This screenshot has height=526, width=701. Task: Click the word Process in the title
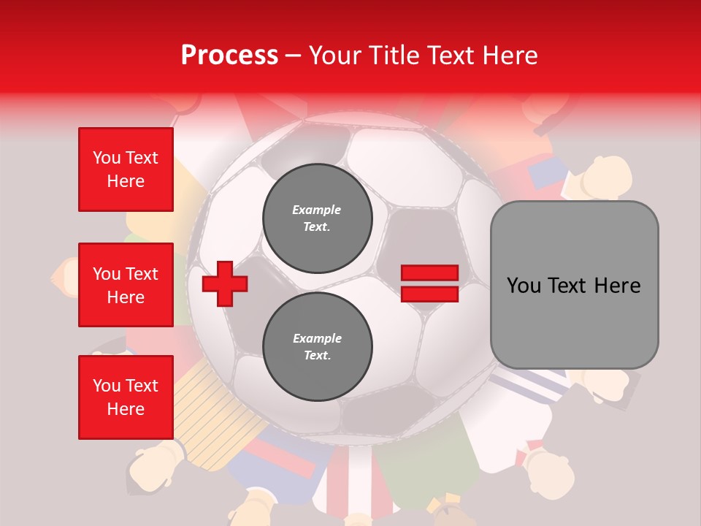tap(229, 55)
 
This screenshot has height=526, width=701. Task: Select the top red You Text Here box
tap(126, 169)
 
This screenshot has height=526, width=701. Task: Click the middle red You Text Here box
tap(126, 285)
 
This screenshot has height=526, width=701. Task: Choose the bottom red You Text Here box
tap(126, 397)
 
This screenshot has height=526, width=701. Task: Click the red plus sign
tap(225, 283)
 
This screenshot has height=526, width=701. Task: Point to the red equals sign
tap(429, 283)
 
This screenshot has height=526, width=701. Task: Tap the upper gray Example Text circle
tap(317, 218)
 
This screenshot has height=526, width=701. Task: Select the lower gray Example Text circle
tap(317, 346)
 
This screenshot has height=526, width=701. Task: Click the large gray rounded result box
tap(574, 285)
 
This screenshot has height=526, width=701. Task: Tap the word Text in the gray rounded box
tap(567, 285)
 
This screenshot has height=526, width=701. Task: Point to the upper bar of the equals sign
tap(429, 273)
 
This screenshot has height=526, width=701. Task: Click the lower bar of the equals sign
tap(429, 294)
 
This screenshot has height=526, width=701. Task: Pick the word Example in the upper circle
tap(317, 210)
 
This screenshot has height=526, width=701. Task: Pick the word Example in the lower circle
tap(317, 338)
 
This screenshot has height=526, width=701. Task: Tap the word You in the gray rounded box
tap(524, 285)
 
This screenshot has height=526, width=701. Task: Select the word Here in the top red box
tap(126, 180)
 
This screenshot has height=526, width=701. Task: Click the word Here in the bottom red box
tap(126, 408)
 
